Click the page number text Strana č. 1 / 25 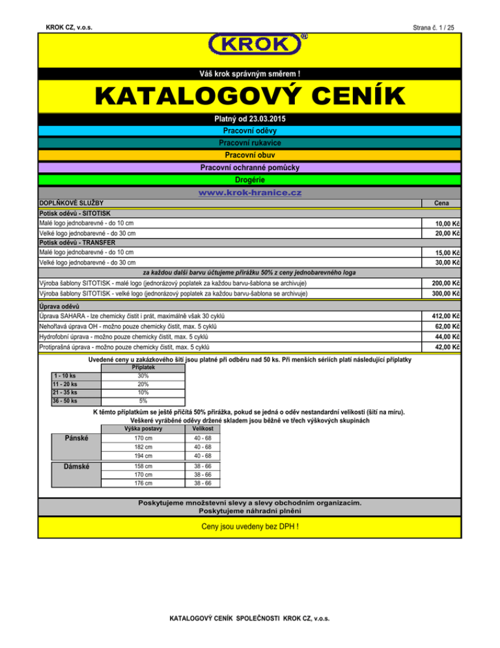tap(434, 27)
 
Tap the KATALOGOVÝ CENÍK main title tap(250, 96)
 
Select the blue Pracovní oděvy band tap(250, 130)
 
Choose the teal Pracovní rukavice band tap(250, 143)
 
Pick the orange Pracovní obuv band tap(250, 155)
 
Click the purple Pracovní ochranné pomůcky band tap(250, 168)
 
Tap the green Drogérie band tap(250, 179)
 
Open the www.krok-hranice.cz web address tap(250, 193)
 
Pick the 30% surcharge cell tap(143, 376)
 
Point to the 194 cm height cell tap(144, 455)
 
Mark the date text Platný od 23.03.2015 tap(250, 119)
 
